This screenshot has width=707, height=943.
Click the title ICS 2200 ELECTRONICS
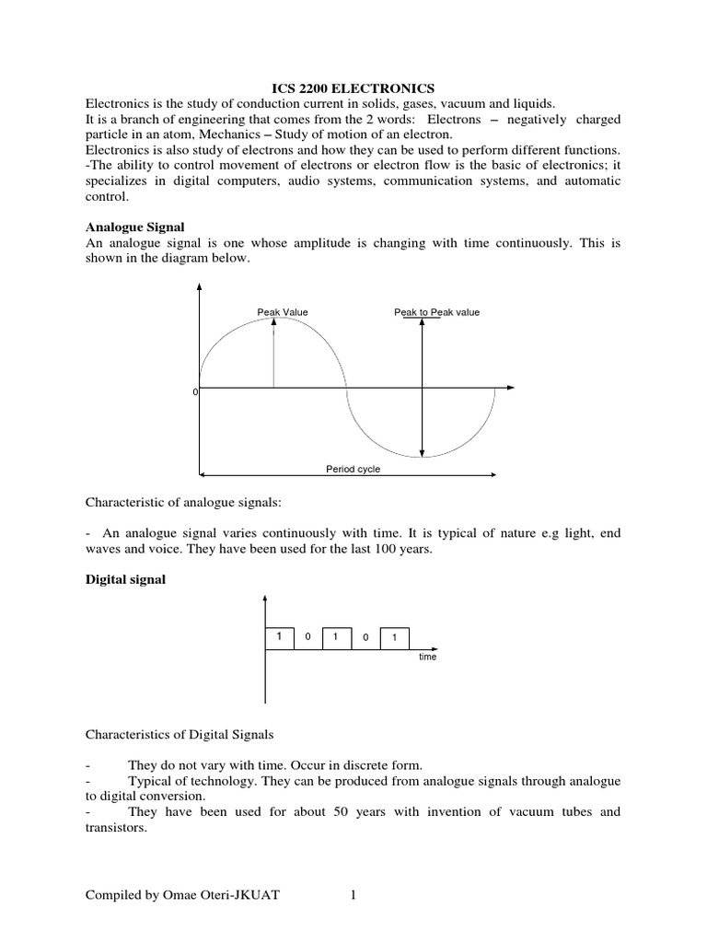tap(353, 87)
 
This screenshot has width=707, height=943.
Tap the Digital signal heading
tap(125, 579)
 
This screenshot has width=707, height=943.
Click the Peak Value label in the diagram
tap(283, 312)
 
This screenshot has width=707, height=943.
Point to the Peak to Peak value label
tap(436, 312)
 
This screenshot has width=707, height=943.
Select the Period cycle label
tap(353, 469)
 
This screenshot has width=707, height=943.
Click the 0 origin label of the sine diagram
tap(194, 391)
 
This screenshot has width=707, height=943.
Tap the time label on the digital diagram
tap(427, 658)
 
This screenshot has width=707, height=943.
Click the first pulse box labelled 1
tap(279, 637)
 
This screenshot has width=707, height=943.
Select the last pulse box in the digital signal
tap(394, 637)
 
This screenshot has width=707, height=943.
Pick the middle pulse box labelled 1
tap(336, 637)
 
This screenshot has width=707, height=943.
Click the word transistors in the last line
tap(118, 828)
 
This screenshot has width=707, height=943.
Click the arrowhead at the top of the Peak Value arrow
tap(273, 320)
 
